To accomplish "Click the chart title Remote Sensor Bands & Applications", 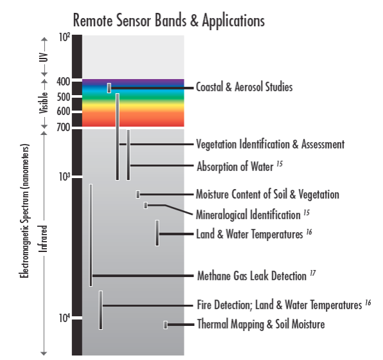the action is point(169,21).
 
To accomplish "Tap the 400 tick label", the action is point(64,82).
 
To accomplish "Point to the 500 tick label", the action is point(64,97).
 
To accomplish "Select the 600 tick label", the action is point(64,111).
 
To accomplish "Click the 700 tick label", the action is point(64,127).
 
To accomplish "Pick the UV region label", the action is point(44,57).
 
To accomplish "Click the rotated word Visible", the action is point(44,103).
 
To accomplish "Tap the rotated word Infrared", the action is point(44,239).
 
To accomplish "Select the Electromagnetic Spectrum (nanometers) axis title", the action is point(24,211).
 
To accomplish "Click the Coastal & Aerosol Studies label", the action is point(244,87).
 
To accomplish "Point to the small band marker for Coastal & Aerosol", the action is point(109,88).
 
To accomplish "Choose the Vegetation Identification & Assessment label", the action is point(271,144).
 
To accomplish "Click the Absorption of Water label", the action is point(235,166).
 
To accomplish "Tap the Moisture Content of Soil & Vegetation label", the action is point(267,195).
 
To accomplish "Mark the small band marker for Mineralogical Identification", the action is point(146,205).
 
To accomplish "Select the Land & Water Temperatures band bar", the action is point(157,233).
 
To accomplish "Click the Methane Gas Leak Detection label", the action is point(252,276).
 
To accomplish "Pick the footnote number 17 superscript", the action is point(313,273).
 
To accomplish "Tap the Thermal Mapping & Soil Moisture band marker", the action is point(166,325).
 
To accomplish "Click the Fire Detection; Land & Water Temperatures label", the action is point(280,305).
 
